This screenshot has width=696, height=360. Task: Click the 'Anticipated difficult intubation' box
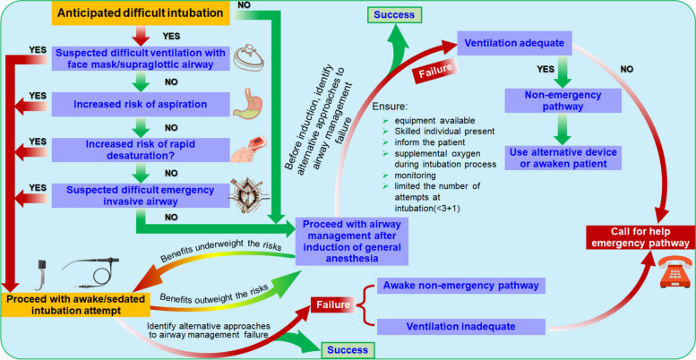pyautogui.click(x=140, y=13)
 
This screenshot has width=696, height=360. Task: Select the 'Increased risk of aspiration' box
pyautogui.click(x=141, y=105)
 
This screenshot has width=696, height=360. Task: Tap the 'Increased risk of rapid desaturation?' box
pyautogui.click(x=141, y=150)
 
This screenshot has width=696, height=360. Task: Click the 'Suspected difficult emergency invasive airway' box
pyautogui.click(x=141, y=196)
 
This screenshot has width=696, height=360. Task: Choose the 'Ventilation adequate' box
pyautogui.click(x=514, y=43)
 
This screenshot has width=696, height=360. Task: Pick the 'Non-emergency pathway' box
pyautogui.click(x=563, y=101)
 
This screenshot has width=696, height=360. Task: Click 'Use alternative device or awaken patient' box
pyautogui.click(x=563, y=158)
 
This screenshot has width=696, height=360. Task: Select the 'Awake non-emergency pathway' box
pyautogui.click(x=460, y=286)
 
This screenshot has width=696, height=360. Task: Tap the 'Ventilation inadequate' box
pyautogui.click(x=460, y=326)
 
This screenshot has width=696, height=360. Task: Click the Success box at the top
pyautogui.click(x=394, y=14)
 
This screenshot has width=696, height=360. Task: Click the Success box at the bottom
pyautogui.click(x=348, y=350)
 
